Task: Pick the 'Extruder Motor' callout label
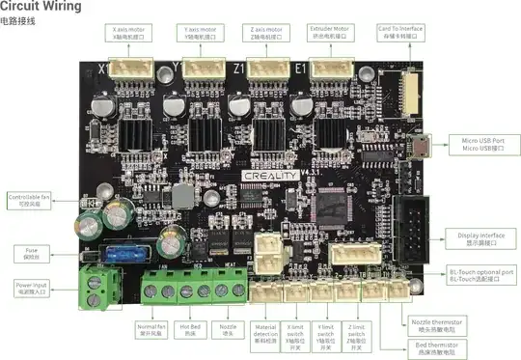[329, 33]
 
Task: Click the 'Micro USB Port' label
[482, 145]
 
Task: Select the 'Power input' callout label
[32, 288]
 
